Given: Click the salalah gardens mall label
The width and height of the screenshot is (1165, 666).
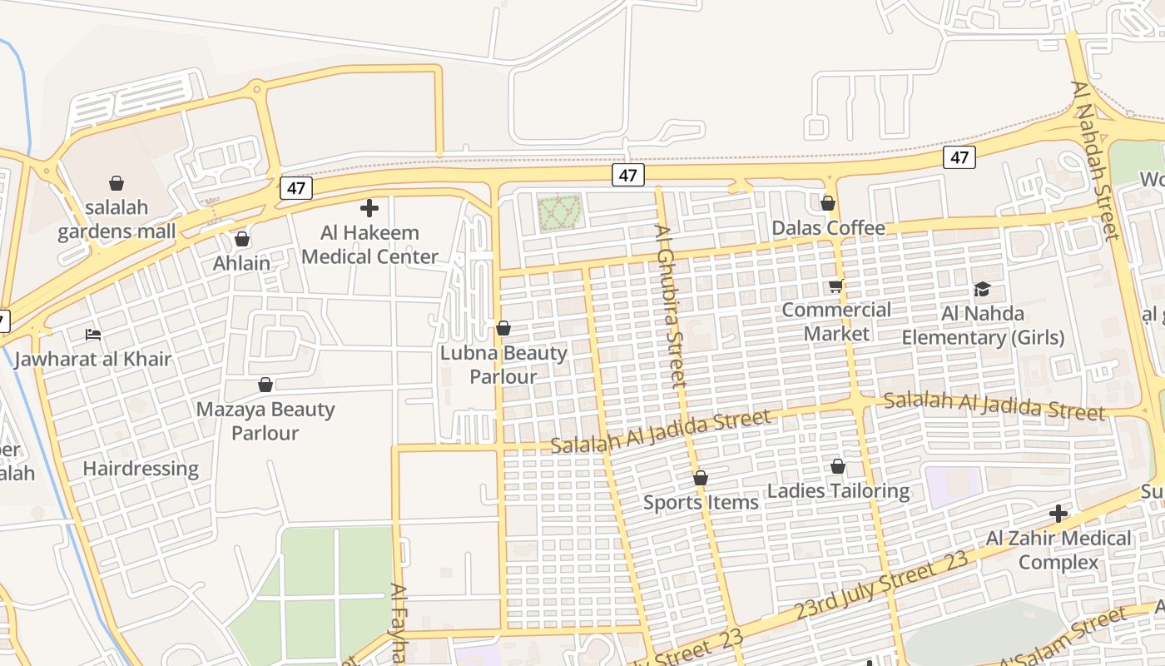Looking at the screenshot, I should pyautogui.click(x=116, y=219).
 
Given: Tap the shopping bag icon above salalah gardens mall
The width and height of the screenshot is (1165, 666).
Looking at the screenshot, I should pyautogui.click(x=116, y=183).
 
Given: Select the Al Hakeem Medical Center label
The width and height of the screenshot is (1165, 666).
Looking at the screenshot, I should pyautogui.click(x=369, y=244).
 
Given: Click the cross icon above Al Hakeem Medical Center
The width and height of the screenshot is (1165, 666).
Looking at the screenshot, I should pyautogui.click(x=369, y=208).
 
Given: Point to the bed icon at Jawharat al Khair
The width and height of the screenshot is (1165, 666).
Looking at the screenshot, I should pyautogui.click(x=93, y=335).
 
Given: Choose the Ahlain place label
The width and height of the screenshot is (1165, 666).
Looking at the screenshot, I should pyautogui.click(x=242, y=263).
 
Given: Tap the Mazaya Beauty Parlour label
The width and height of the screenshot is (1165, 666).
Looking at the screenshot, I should pyautogui.click(x=265, y=421).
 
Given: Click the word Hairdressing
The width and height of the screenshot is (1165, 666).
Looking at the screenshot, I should pyautogui.click(x=141, y=469).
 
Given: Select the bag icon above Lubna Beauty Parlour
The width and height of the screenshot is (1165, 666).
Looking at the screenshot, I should pyautogui.click(x=503, y=329).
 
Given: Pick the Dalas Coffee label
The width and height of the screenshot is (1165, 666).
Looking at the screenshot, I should pyautogui.click(x=828, y=228).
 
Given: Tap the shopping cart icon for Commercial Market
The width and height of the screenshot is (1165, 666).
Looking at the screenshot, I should pyautogui.click(x=836, y=286).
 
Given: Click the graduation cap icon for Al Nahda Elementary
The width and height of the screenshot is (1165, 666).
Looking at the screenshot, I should pyautogui.click(x=983, y=290).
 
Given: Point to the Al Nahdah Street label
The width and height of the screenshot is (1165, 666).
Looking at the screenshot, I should pyautogui.click(x=1096, y=160).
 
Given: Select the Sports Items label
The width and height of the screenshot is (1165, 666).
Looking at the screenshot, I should pyautogui.click(x=701, y=502).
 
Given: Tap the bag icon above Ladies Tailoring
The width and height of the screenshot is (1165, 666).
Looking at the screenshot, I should pyautogui.click(x=838, y=467).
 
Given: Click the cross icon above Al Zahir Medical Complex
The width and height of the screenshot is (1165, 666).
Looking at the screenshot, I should pyautogui.click(x=1058, y=514).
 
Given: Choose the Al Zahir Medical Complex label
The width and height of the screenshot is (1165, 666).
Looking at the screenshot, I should pyautogui.click(x=1058, y=550).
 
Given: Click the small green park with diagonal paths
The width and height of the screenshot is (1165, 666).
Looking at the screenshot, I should pyautogui.click(x=558, y=211).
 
